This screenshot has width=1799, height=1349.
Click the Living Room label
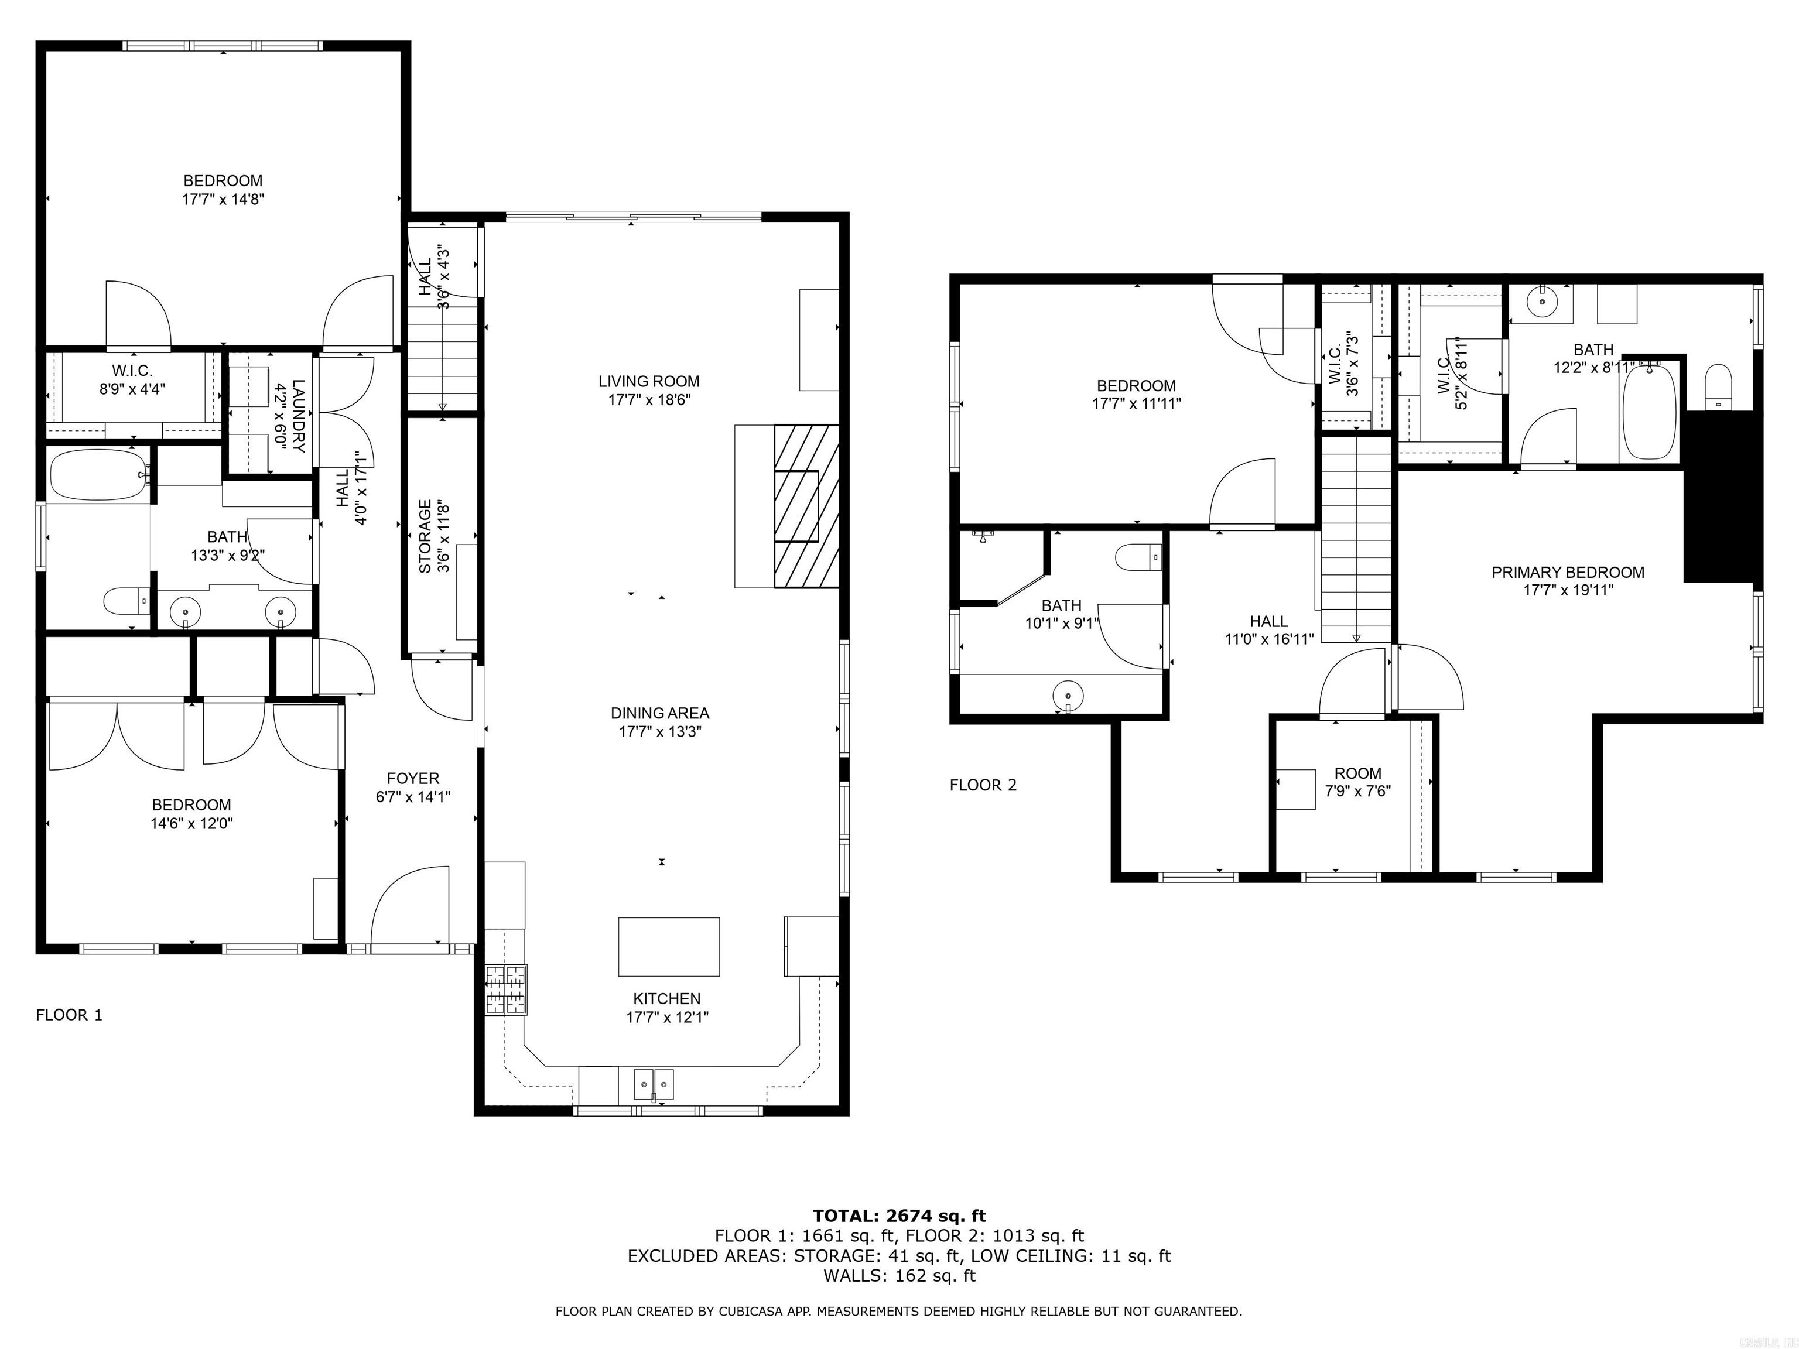point(648,381)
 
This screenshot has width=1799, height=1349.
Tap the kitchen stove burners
point(506,990)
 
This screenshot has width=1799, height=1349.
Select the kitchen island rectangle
point(669,947)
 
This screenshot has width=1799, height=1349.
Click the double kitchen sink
point(654,1084)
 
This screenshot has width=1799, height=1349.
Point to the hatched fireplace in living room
point(806,506)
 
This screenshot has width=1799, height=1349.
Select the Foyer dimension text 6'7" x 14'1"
point(413,797)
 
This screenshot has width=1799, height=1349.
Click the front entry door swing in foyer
point(411,906)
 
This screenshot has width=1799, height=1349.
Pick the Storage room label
point(425,537)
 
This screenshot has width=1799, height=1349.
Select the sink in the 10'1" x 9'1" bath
point(1068,696)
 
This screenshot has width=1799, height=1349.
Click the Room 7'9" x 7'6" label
point(1357,773)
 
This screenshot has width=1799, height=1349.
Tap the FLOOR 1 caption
point(69,1015)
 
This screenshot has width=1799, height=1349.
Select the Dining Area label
point(659,713)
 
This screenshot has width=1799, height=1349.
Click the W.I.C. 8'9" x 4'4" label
point(132,371)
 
